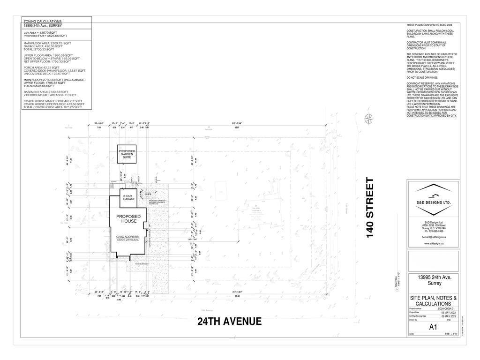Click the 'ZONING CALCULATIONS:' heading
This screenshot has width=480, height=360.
(42, 22)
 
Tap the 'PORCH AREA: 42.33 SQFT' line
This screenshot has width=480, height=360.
(42, 67)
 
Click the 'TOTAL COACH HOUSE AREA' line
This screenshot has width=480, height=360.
(53, 107)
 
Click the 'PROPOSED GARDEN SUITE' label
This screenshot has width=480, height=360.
(127, 154)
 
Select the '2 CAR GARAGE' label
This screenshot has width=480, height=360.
(129, 197)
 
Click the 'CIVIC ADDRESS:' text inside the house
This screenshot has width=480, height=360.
(128, 237)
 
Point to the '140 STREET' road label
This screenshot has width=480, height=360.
(370, 207)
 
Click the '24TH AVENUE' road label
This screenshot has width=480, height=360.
(229, 322)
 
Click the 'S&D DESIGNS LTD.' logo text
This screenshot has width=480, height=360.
(434, 202)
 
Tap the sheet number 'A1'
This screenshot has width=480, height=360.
(433, 328)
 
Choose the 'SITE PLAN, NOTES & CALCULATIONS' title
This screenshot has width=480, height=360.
(433, 301)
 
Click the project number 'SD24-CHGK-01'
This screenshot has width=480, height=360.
(446, 309)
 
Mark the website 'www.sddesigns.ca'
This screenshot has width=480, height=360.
(434, 244)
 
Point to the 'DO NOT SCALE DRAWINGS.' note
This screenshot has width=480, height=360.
(422, 77)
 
